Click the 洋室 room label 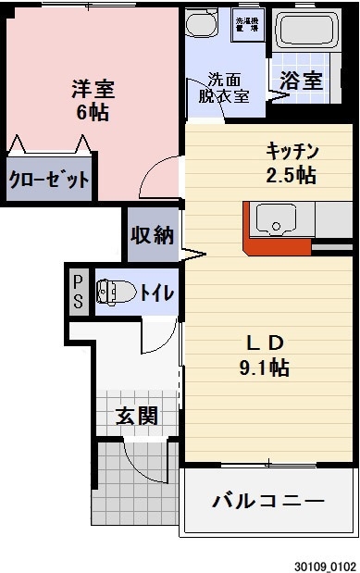93,90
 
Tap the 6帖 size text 93,113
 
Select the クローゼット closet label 49,180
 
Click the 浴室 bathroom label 301,81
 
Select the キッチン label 292,152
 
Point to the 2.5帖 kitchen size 292,175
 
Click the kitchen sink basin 275,221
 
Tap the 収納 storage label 151,235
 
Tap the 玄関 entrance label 136,416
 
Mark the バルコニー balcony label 268,502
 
